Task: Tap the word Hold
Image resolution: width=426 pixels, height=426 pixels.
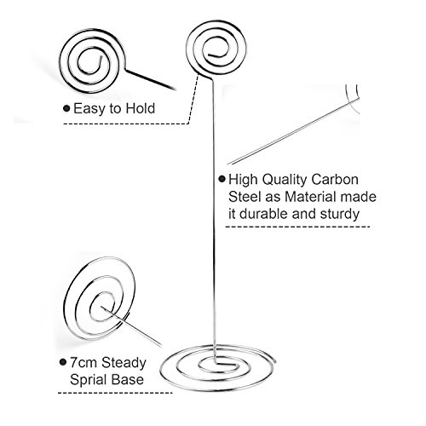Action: coord(141,108)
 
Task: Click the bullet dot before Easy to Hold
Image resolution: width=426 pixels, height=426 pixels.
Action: coord(66,108)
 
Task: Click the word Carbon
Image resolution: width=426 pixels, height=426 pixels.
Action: coord(335,180)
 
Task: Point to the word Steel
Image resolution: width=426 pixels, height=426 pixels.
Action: coord(245,197)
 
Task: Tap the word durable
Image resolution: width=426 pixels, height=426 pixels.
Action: coord(263,214)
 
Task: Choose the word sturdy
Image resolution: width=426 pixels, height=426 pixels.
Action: coord(340,214)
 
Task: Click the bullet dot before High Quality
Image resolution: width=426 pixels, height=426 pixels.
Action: coord(222,179)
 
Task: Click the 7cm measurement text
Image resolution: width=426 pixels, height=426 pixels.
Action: coord(84,363)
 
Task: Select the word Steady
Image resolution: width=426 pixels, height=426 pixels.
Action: coord(124,363)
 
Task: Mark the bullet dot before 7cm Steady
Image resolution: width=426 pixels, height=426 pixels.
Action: coord(63,362)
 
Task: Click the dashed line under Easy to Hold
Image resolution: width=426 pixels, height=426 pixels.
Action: coord(126,124)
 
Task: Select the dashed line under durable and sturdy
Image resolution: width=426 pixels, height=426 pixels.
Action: coord(297,227)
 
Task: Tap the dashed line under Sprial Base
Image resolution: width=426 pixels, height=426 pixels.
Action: coord(115,393)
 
